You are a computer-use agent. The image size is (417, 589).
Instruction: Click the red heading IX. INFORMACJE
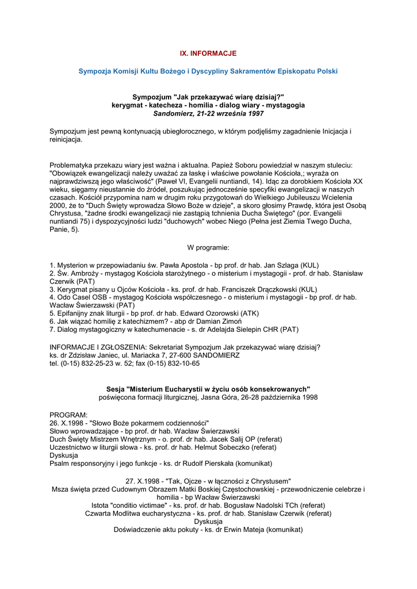pyautogui.click(x=208, y=53)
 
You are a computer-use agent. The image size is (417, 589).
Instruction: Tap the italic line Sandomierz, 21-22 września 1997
pyautogui.click(x=208, y=114)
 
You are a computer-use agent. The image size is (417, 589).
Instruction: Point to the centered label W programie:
pyautogui.click(x=208, y=247)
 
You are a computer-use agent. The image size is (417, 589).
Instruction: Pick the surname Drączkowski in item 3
pyautogui.click(x=275, y=289)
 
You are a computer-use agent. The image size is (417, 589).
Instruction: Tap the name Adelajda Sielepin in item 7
pyautogui.click(x=236, y=330)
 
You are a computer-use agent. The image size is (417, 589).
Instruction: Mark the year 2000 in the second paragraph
pyautogui.click(x=58, y=205)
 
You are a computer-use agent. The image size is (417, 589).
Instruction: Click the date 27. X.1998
pyautogui.click(x=143, y=481)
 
